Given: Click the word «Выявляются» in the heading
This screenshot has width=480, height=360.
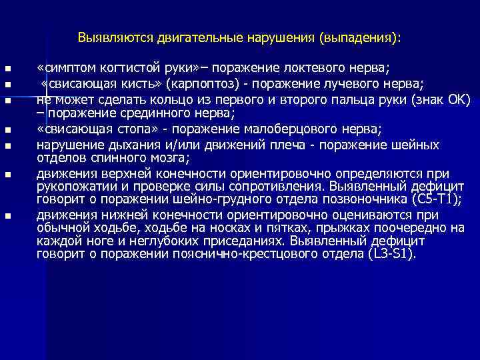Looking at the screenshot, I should coord(115,38).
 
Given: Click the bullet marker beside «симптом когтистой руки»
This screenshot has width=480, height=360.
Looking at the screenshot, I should coord(7,69).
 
